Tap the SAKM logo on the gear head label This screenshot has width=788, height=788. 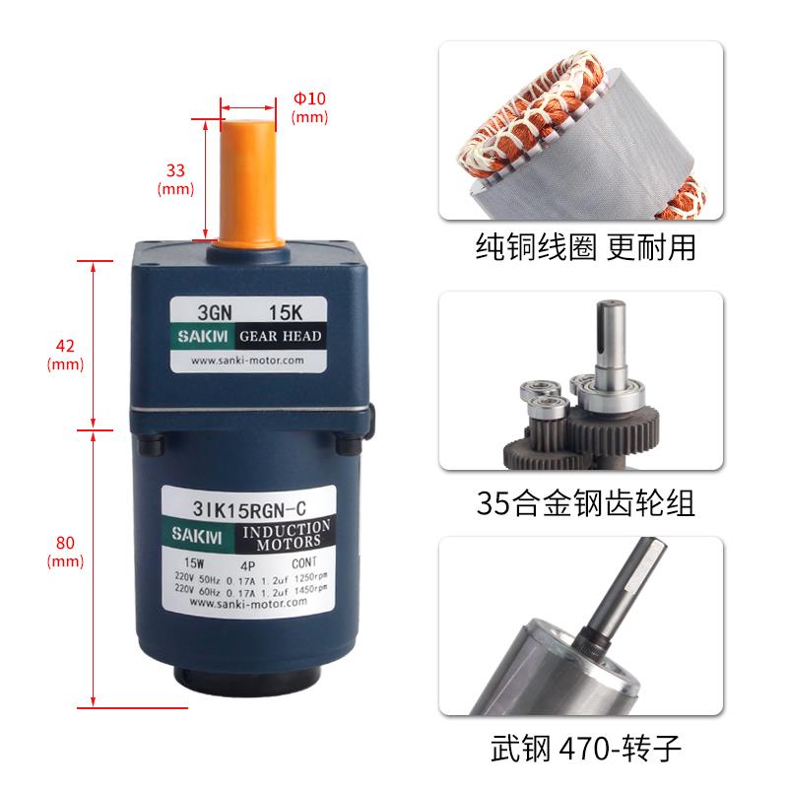coord(202,337)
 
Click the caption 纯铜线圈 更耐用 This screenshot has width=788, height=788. coord(584,246)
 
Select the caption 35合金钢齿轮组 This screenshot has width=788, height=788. coord(584,503)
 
